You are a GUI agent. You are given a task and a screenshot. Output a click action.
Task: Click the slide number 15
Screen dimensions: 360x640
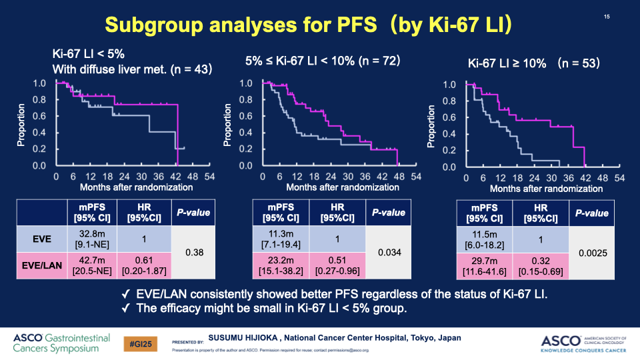click(x=607, y=17)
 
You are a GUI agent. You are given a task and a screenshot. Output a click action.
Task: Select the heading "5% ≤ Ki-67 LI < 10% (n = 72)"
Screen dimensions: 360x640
click(x=322, y=61)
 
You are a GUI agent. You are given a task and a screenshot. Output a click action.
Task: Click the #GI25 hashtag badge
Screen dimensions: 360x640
click(x=141, y=343)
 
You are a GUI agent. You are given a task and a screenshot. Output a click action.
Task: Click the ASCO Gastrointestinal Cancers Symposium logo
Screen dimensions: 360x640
click(x=61, y=343)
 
